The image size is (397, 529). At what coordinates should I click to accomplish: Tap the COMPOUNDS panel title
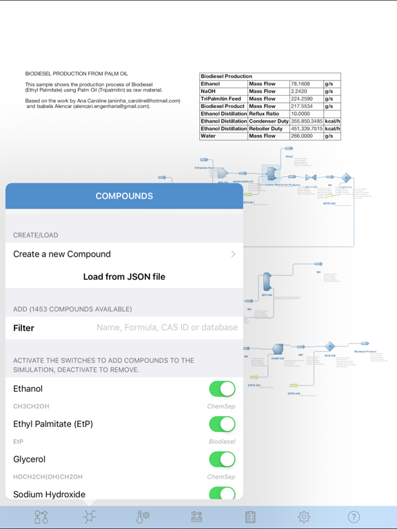124,196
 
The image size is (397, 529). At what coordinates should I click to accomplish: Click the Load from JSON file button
124,277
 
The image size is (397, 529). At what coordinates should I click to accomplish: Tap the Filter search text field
167,328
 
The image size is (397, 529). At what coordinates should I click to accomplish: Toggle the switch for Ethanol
222,389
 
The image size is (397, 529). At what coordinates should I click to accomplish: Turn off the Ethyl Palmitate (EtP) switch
222,424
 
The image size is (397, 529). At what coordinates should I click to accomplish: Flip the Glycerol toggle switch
222,459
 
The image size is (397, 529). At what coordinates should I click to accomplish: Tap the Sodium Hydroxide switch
222,493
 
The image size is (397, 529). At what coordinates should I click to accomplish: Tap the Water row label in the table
223,136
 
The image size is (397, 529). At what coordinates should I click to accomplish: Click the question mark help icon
354,517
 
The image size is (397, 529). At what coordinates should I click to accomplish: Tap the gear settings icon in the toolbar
304,517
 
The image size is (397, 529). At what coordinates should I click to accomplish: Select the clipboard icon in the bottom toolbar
250,517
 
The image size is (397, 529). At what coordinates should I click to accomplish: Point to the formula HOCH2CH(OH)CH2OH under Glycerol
48,477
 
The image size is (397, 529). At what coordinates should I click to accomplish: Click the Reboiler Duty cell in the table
269,129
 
